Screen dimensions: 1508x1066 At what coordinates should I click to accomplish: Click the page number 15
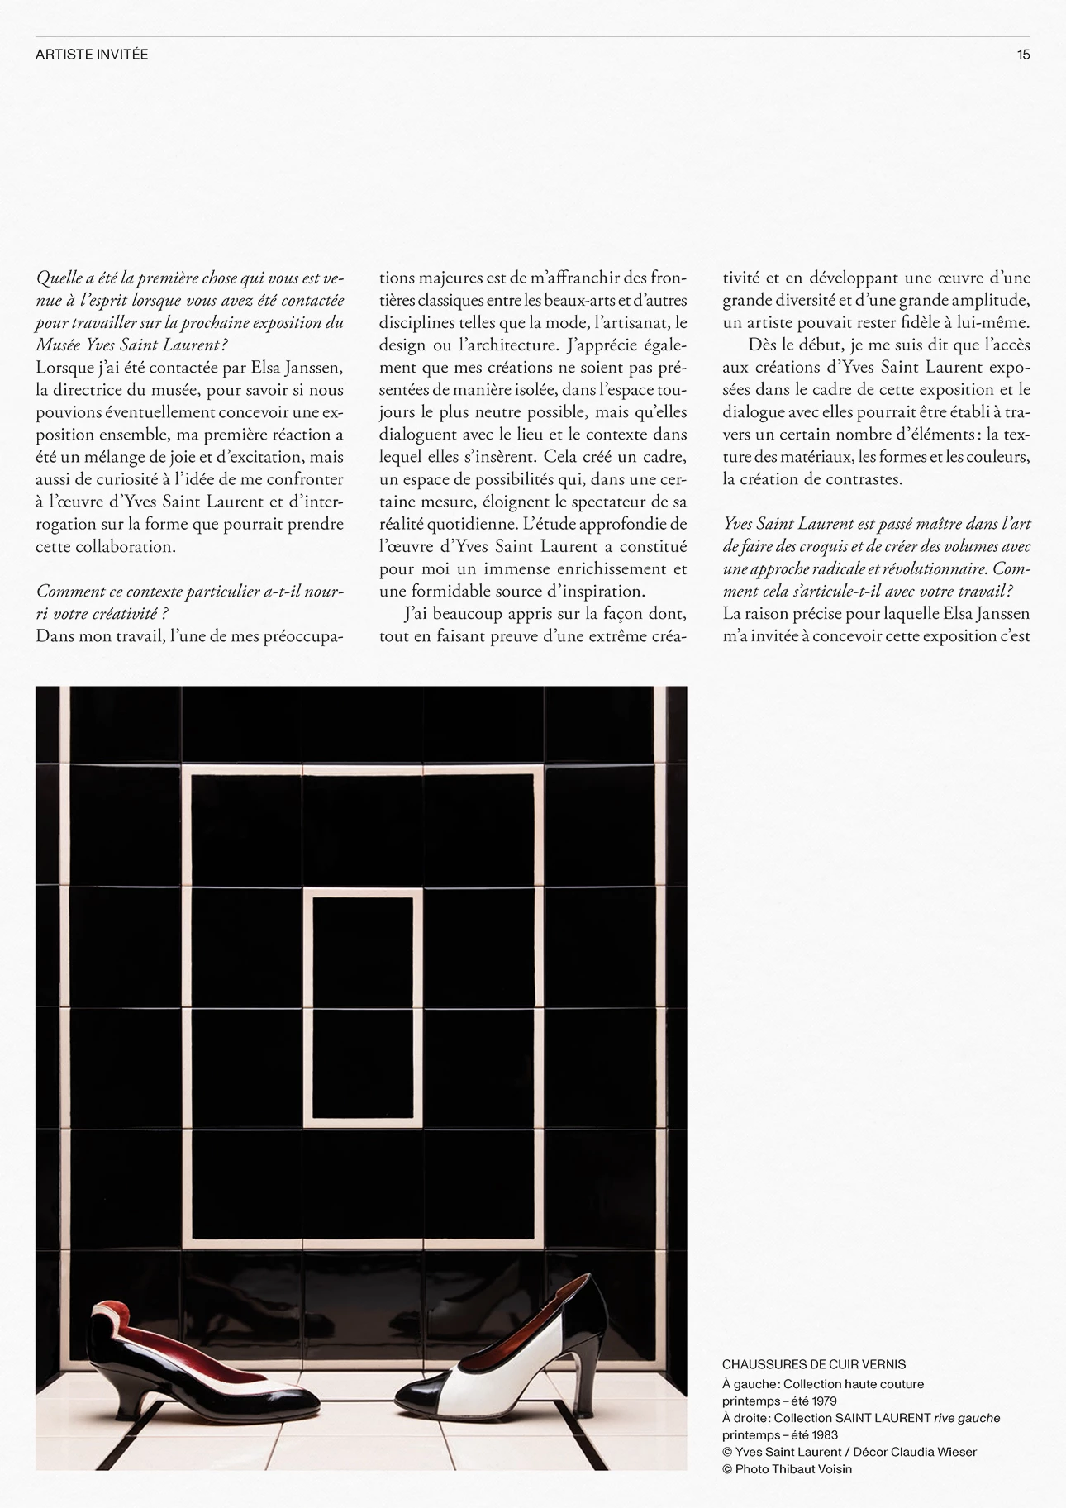point(1023,55)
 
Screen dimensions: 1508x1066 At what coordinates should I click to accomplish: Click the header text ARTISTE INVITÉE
point(92,55)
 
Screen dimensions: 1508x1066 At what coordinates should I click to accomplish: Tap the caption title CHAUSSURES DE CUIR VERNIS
point(813,1364)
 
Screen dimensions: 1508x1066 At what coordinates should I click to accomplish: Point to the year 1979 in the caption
point(822,1401)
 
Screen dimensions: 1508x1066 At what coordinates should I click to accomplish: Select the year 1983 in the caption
point(823,1434)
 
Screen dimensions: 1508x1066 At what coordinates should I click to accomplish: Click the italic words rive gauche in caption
point(967,1418)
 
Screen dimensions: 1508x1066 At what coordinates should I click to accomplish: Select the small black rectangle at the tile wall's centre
point(363,1007)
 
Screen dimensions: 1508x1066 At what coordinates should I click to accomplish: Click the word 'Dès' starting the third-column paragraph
point(762,345)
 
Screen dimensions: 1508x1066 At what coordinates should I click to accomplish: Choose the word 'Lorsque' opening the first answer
point(62,367)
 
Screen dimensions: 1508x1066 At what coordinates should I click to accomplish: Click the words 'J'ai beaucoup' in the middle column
point(446,614)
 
